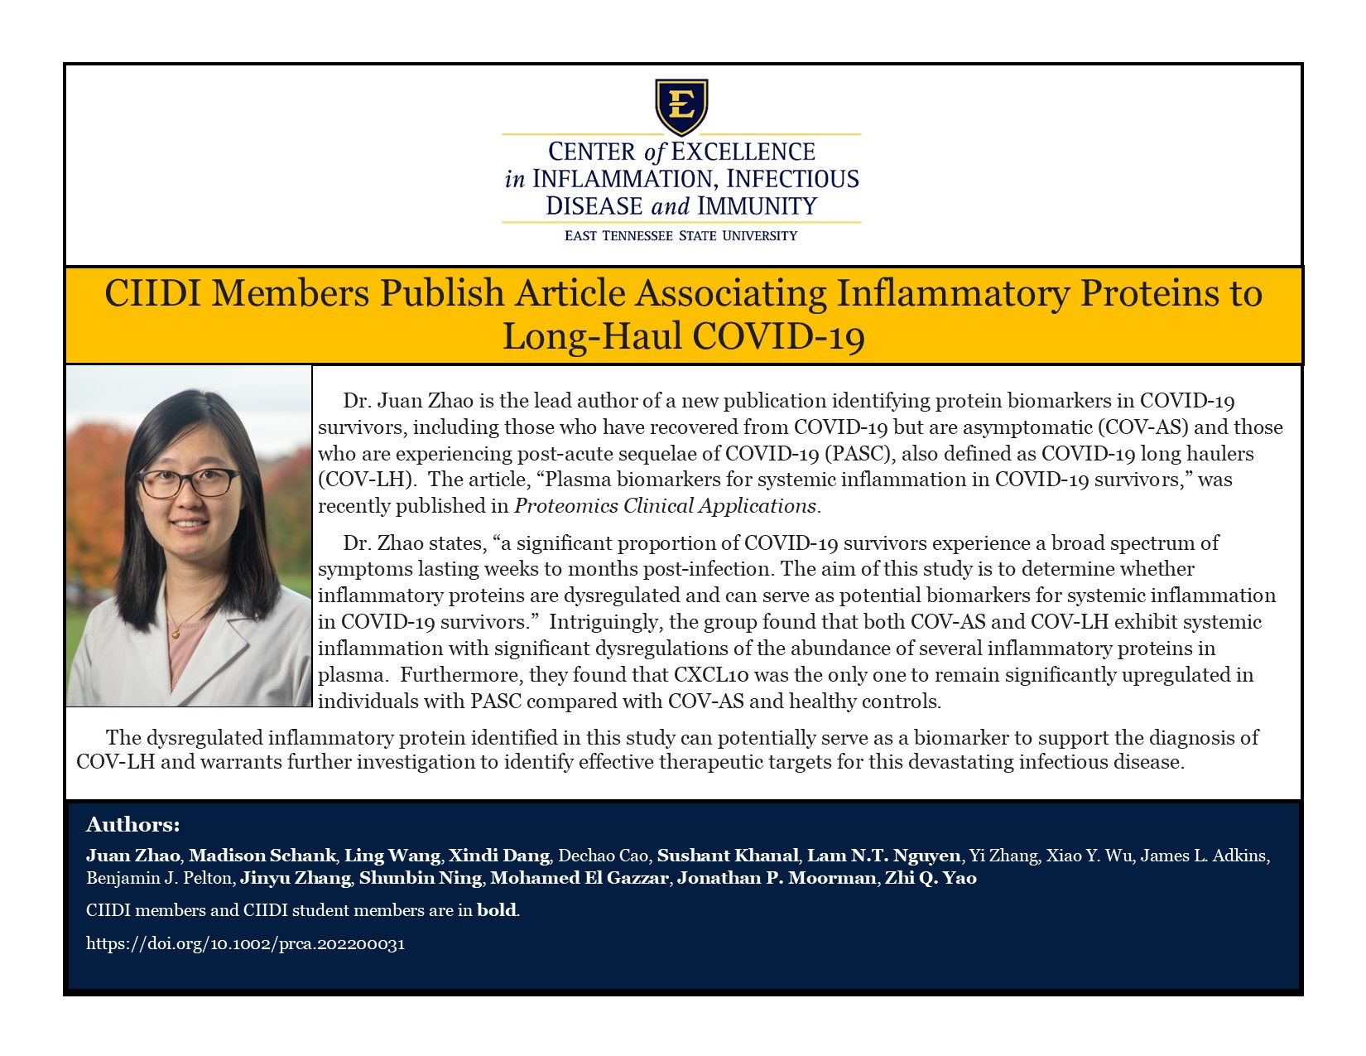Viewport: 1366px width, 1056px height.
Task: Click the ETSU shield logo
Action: click(x=681, y=106)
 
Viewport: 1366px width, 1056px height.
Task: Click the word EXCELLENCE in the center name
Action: click(x=743, y=152)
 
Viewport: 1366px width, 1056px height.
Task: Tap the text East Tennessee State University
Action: click(x=681, y=236)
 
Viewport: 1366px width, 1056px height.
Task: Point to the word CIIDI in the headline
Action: click(x=152, y=293)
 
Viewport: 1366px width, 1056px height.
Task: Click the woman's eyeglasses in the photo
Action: click(x=189, y=481)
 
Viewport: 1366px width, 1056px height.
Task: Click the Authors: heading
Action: click(x=132, y=825)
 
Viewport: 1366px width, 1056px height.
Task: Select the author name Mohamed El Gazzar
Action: click(x=580, y=878)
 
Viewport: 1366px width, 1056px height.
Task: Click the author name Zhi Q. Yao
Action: click(x=931, y=878)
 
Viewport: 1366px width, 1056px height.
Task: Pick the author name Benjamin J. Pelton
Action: click(x=158, y=878)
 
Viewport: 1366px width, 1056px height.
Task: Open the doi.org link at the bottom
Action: click(x=245, y=943)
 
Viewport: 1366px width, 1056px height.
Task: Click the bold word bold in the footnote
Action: click(x=497, y=910)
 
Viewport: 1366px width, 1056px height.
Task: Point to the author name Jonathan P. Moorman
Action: click(x=777, y=878)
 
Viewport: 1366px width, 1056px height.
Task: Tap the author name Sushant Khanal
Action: click(x=729, y=856)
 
